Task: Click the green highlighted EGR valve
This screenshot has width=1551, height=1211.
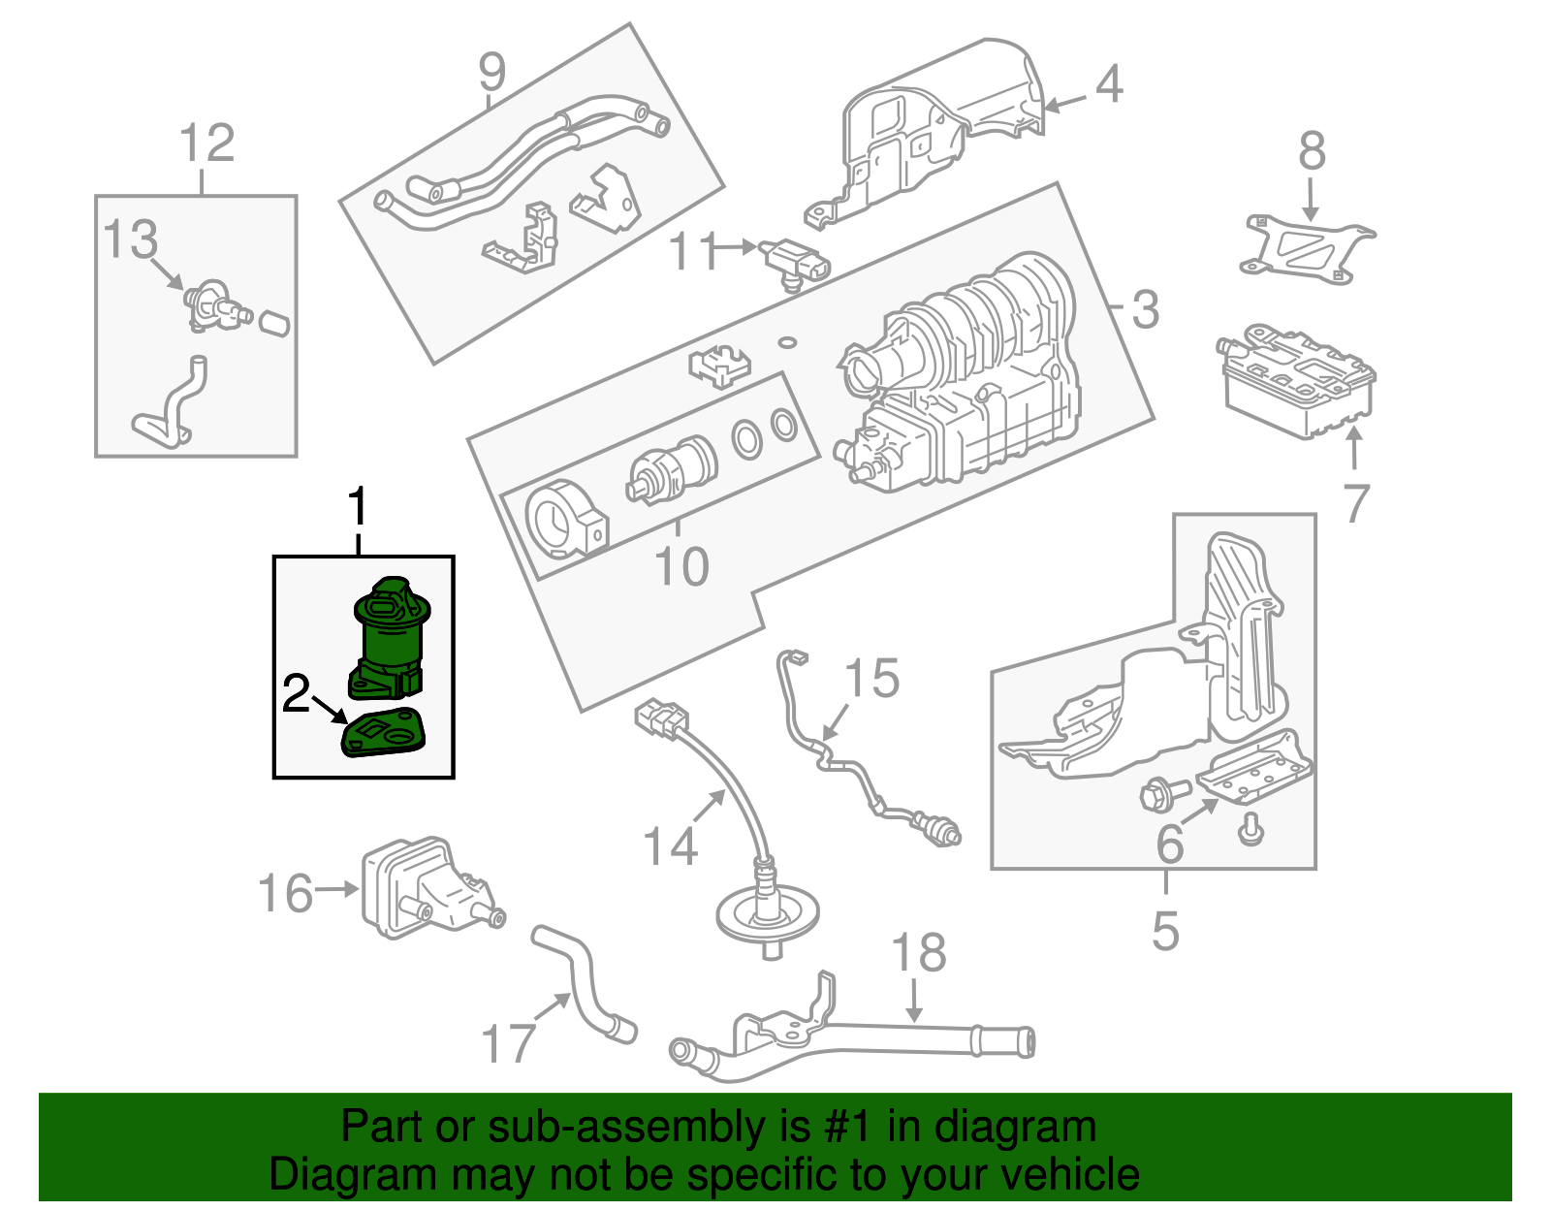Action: [x=390, y=635]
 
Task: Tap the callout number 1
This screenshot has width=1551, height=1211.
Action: [x=359, y=508]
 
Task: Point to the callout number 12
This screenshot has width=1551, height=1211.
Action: [x=207, y=143]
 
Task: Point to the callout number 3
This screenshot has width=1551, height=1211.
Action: [x=1146, y=310]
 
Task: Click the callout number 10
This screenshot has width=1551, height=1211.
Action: [x=681, y=567]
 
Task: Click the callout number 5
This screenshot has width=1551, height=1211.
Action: [x=1165, y=930]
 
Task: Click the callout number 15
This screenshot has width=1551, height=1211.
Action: [x=873, y=678]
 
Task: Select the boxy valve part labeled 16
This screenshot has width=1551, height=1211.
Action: [x=417, y=887]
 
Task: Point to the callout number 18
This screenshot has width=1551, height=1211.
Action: [x=918, y=953]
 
